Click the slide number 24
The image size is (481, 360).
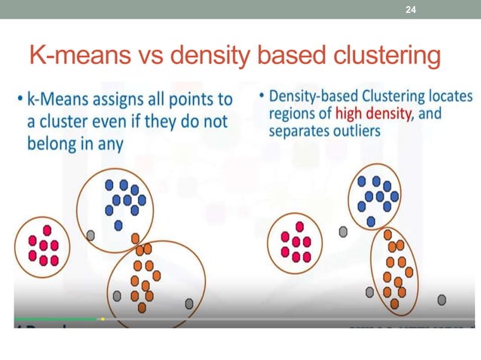tap(411, 9)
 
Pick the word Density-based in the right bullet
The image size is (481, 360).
tap(314, 98)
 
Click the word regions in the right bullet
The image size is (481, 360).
tap(292, 114)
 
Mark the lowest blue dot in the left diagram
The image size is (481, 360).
tap(118, 225)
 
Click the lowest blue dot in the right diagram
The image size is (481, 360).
tap(371, 221)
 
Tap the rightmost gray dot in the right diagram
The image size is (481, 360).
tap(442, 300)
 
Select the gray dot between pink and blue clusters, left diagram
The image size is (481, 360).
tap(90, 235)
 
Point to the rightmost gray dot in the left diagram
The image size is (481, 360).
tap(189, 304)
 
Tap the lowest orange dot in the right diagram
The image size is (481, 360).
tap(395, 304)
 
